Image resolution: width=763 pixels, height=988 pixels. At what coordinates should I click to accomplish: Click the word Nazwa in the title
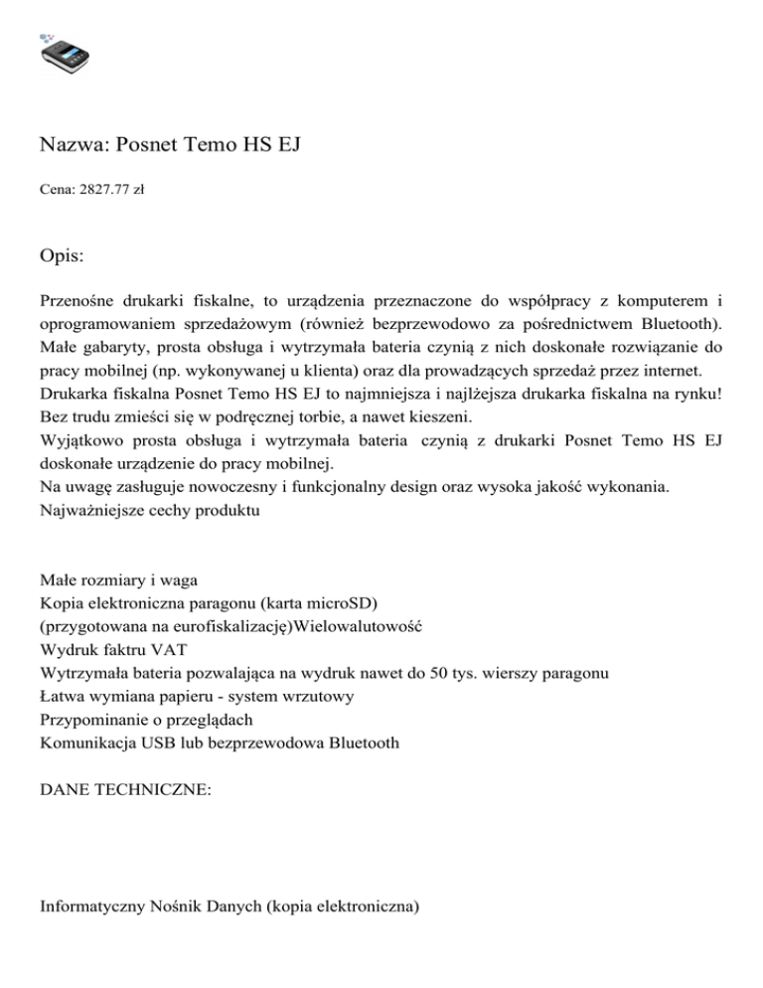[75, 146]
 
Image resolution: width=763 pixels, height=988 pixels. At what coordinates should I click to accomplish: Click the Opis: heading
[62, 256]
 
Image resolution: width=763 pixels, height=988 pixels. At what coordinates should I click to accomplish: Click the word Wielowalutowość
[361, 627]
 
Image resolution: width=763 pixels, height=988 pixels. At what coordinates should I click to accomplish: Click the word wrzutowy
[320, 696]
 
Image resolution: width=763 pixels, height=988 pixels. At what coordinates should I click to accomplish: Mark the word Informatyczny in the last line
[94, 906]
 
